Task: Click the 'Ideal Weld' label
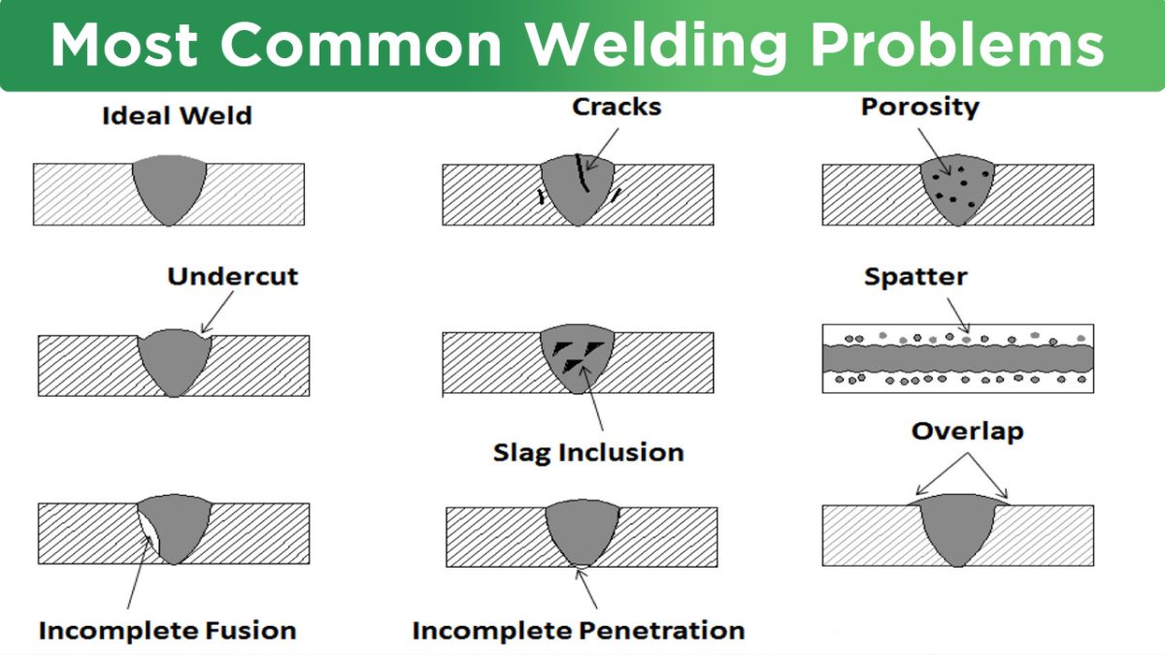tap(177, 115)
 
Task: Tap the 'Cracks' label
tap(616, 107)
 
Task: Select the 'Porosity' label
tap(920, 108)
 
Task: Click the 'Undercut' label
tap(232, 276)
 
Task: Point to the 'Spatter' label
tap(915, 278)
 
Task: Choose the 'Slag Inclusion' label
tap(588, 453)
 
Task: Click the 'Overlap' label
tap(967, 432)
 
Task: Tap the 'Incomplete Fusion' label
tap(167, 631)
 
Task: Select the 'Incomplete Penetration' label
tap(579, 631)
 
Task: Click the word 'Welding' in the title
tap(656, 46)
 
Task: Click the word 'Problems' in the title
tap(957, 45)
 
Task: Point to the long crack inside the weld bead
tap(582, 173)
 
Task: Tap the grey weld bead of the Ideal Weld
tap(169, 187)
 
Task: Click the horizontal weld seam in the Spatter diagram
tap(957, 358)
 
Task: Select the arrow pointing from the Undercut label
tap(217, 311)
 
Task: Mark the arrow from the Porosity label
tap(934, 151)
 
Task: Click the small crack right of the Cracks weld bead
tap(616, 195)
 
